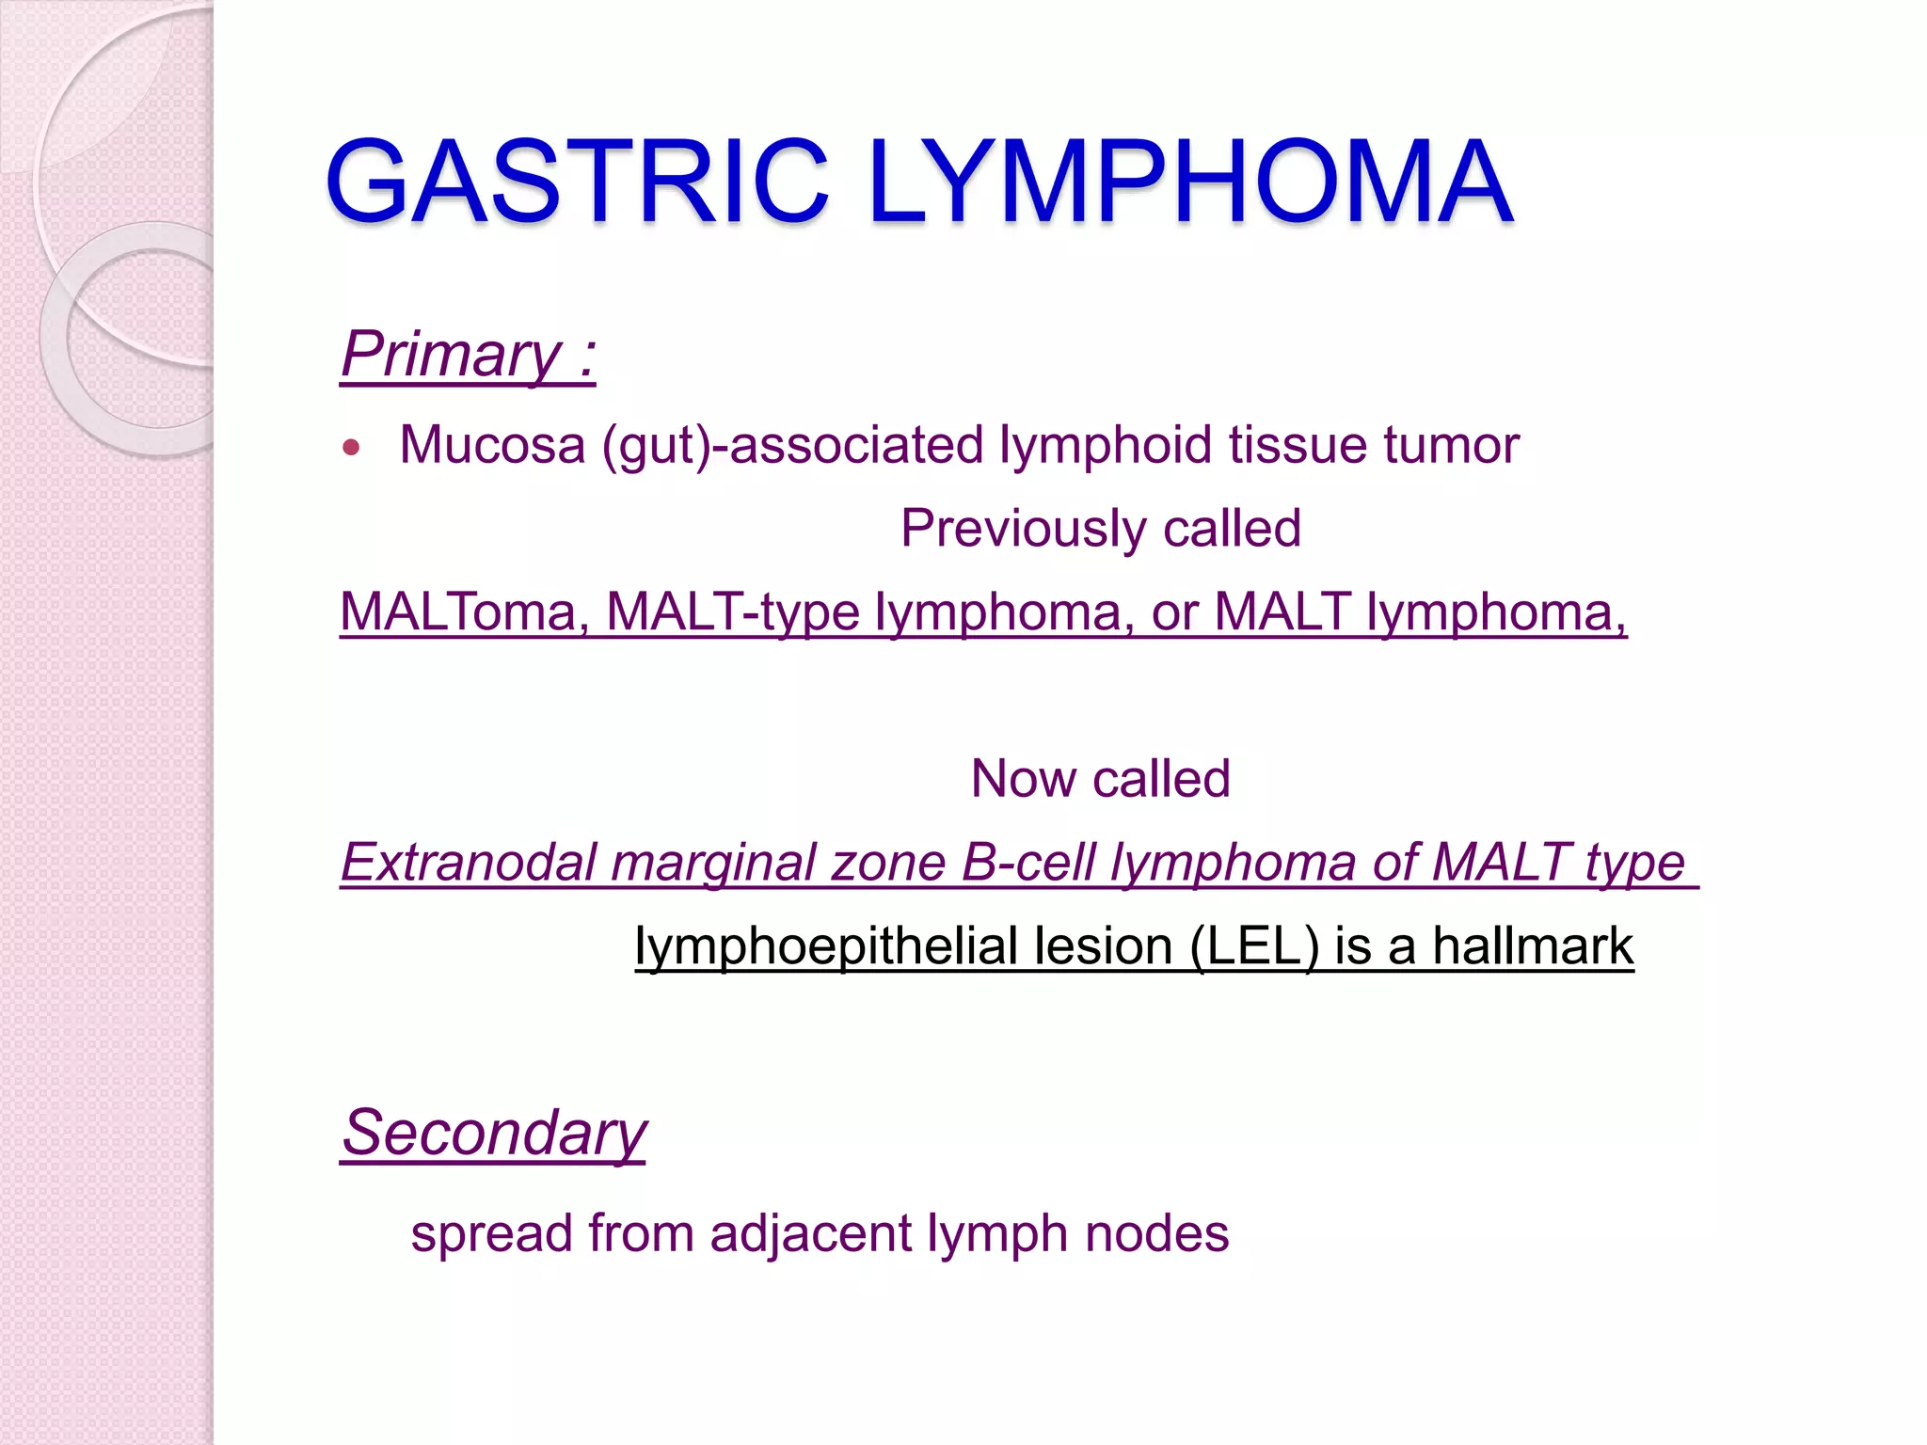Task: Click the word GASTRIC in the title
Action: tap(576, 182)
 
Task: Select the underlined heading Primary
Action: tap(452, 355)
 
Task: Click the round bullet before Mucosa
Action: tap(352, 448)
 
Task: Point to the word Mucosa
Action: tap(492, 444)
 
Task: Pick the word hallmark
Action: tap(1533, 946)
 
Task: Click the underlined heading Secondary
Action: tap(494, 1134)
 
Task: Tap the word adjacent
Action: tap(810, 1233)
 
